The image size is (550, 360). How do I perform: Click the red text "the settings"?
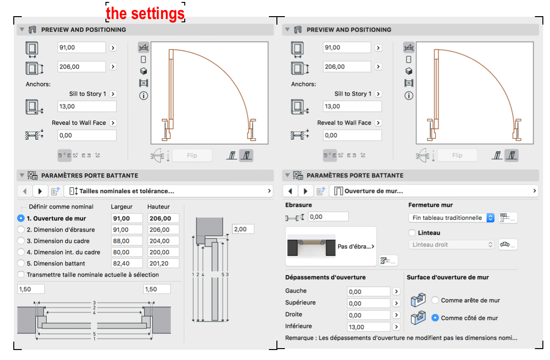(x=145, y=13)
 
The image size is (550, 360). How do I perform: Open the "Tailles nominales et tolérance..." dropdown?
(x=170, y=191)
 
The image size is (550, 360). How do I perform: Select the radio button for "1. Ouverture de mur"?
(x=21, y=218)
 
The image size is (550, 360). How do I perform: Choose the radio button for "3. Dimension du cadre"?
(x=21, y=241)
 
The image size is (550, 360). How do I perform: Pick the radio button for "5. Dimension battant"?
(x=21, y=263)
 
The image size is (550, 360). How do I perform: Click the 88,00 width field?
(x=127, y=241)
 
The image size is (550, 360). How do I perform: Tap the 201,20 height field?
(x=163, y=264)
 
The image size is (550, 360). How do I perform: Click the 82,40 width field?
(x=127, y=264)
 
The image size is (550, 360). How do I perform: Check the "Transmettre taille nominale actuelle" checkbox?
(x=21, y=275)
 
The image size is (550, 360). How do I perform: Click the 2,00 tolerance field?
(x=243, y=229)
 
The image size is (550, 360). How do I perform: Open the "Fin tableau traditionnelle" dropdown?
(x=451, y=218)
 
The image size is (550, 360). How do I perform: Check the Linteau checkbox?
(x=412, y=233)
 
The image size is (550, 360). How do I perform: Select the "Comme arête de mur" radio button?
(x=435, y=300)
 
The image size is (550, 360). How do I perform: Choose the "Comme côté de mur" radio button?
(x=435, y=318)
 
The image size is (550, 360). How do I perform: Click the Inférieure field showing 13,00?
(x=368, y=327)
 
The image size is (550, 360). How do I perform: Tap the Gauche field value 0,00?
(x=368, y=292)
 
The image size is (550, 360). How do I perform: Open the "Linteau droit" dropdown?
(x=451, y=245)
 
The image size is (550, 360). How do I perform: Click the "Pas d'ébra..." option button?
(x=331, y=246)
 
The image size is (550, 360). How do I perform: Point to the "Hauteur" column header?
(x=158, y=207)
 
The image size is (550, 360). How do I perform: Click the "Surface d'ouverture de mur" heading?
(x=447, y=277)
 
